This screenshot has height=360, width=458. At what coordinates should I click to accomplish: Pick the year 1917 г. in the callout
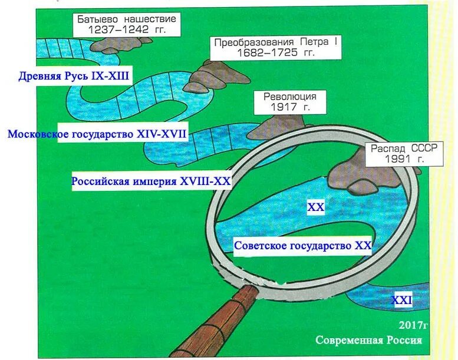[x=290, y=107]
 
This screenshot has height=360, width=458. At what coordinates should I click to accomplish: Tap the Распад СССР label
[x=404, y=148]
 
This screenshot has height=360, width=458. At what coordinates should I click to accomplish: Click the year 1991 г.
[x=404, y=158]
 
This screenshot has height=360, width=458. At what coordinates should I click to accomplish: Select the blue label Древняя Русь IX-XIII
[x=74, y=75]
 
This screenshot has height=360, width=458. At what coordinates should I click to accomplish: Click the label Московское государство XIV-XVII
[x=97, y=134]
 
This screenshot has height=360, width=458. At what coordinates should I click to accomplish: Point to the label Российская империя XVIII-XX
[x=151, y=181]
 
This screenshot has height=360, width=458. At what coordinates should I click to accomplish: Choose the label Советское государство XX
[x=303, y=246]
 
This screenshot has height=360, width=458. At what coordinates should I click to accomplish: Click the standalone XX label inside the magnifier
[x=316, y=207]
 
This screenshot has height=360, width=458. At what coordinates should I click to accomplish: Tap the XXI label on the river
[x=401, y=300]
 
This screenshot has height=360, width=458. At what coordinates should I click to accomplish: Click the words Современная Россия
[x=369, y=341]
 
